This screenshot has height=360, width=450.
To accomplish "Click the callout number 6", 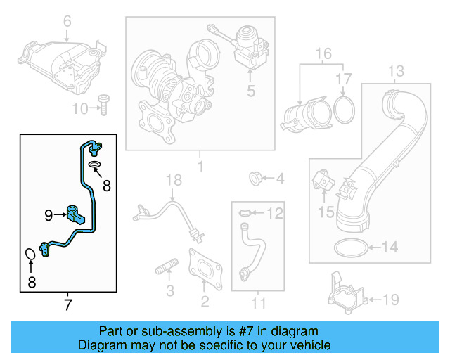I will [67, 22].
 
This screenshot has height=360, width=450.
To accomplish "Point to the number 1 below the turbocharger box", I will [200, 167].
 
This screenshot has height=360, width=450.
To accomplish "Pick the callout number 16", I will [323, 53].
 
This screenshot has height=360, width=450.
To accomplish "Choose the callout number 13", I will [397, 70].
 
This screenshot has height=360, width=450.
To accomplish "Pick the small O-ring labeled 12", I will [243, 212].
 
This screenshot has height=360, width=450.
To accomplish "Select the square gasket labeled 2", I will [205, 269].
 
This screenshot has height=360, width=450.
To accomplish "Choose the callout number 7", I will [67, 304].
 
